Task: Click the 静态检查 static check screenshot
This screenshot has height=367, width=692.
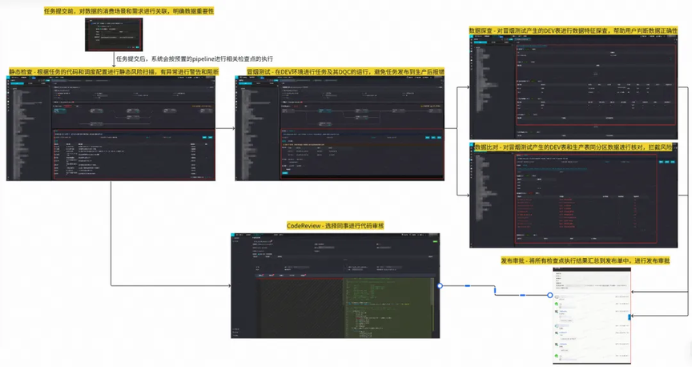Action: tap(113, 128)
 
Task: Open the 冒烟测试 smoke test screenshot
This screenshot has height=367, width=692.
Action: tap(339, 128)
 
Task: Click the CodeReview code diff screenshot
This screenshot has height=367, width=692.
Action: tap(334, 284)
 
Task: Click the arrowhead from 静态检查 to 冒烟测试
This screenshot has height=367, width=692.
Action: tap(231, 128)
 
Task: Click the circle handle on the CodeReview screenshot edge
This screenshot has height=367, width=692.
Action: tap(440, 285)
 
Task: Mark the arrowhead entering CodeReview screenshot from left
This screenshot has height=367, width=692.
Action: tap(227, 285)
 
